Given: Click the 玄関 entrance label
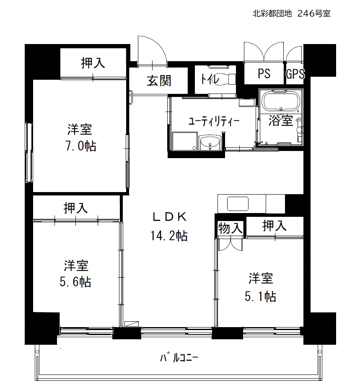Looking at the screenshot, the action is point(159,81).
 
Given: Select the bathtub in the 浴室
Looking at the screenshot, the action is point(281,101).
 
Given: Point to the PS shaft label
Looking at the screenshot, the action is point(264,73).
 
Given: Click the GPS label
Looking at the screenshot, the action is point(295,74).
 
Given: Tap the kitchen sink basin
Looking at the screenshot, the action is point(238,204).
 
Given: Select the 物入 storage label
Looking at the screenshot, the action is point(230,228).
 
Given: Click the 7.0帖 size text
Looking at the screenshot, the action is point(81,146).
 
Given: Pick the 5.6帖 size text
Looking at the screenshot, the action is point(75,282).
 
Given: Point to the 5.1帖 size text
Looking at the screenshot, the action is point(260,296).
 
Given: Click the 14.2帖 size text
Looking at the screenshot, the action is point(169,236).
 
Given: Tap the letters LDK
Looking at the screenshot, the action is point(169,217).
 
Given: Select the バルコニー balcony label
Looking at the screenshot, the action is point(179,358).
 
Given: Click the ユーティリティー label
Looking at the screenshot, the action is point(213,121).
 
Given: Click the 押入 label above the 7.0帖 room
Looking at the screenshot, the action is point(93,62).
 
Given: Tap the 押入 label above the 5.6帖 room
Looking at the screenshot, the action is point(75,208).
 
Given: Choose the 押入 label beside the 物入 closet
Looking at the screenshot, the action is point(275,225).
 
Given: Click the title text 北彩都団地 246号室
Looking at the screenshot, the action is point(292,13).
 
